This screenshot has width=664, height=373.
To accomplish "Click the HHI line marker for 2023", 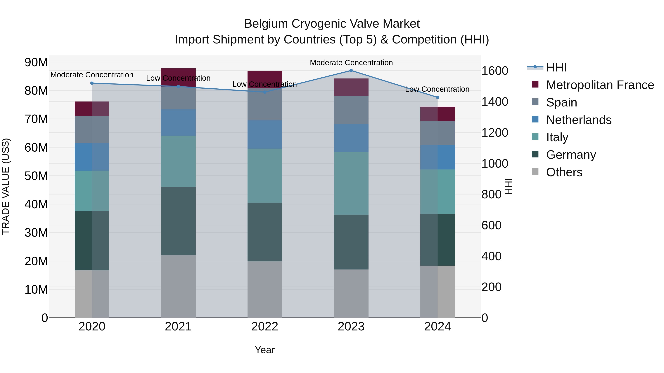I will click(351, 71).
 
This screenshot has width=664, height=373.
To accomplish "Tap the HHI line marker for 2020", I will click(92, 83).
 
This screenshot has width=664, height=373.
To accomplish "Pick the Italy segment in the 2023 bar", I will click(351, 183).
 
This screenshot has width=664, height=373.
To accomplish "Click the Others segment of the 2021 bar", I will click(178, 286).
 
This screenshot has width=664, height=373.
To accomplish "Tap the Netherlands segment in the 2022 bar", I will click(265, 134).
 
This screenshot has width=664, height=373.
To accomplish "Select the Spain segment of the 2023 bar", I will click(351, 110).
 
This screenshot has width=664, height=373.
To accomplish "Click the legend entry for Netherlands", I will click(578, 120).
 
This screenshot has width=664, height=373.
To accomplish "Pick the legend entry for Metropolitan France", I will click(600, 85).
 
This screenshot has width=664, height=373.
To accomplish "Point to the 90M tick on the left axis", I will click(36, 62).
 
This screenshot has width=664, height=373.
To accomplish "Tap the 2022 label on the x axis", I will click(265, 327).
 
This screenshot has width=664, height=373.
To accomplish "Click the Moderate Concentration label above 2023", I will click(351, 63).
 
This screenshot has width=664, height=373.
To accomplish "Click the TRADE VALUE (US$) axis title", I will click(6, 186).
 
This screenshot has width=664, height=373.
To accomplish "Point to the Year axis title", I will click(265, 350).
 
